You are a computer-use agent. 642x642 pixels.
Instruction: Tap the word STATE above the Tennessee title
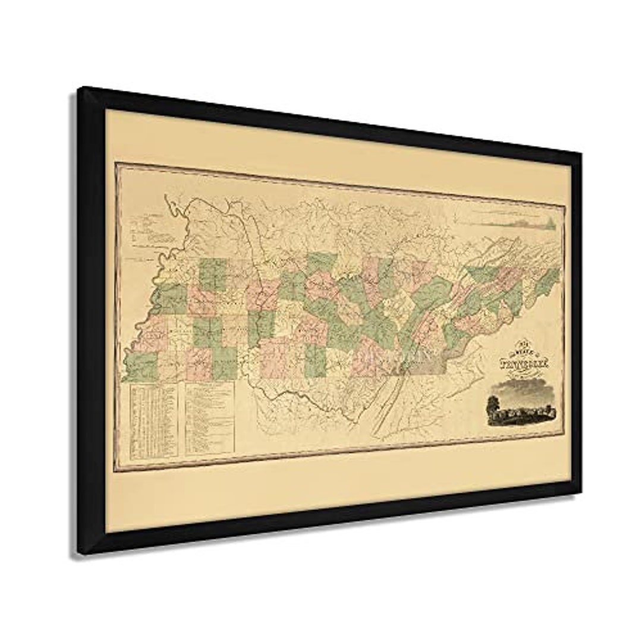[515, 353]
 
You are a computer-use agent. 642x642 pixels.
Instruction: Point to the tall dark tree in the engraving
[491, 407]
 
